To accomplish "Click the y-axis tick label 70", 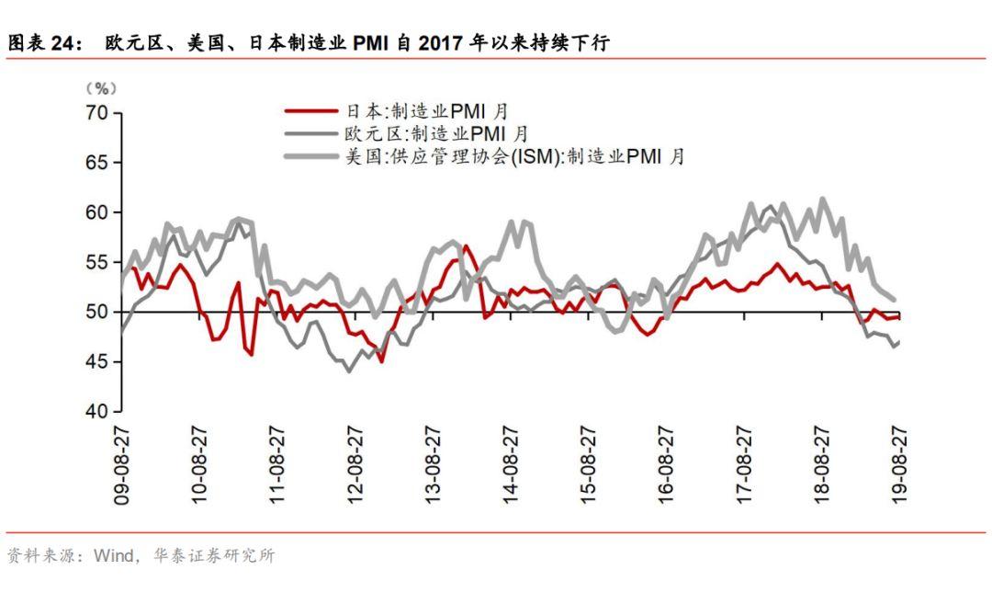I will point(96,113).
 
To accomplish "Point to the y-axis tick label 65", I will point(96,163).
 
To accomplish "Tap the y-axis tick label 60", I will point(96,212).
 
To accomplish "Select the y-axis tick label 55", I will point(96,262).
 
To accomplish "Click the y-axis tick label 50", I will point(96,312).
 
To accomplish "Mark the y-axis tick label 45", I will point(96,361).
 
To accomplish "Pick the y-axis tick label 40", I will point(96,411).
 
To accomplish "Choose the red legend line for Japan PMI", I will point(310,111).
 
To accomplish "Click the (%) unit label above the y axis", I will point(101,89).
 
